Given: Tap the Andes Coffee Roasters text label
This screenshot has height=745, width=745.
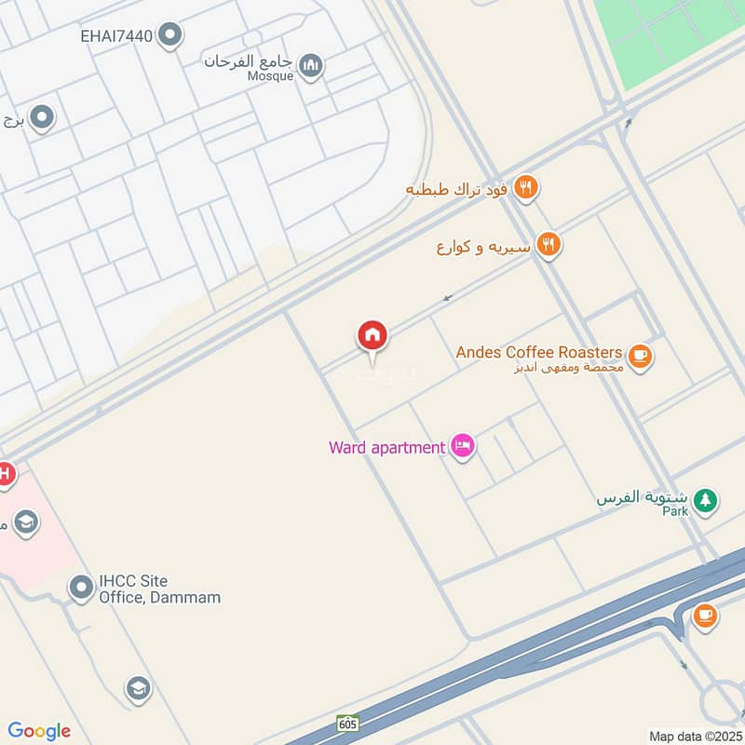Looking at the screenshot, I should (x=538, y=352).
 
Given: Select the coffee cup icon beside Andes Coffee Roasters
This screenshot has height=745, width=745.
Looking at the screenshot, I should (x=639, y=356).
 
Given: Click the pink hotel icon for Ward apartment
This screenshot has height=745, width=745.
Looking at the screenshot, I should (x=462, y=447).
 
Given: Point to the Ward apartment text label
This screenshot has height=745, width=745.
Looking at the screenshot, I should (x=386, y=447).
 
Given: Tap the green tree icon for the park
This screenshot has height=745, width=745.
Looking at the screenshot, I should (x=706, y=501).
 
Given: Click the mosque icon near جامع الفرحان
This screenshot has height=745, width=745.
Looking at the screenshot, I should (x=311, y=65).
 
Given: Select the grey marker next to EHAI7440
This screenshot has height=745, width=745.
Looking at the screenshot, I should (x=169, y=35).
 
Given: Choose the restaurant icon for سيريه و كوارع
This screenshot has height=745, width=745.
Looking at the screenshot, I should (x=549, y=245).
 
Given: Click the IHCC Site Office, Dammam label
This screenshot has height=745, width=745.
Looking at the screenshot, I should (x=159, y=589).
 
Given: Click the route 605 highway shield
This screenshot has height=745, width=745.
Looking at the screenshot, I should (x=347, y=724).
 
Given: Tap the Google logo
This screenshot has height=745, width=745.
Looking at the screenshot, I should (x=39, y=731).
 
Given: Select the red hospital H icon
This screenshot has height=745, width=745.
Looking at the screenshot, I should (x=5, y=474).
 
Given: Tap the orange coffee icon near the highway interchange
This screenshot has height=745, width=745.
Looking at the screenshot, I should (x=705, y=616).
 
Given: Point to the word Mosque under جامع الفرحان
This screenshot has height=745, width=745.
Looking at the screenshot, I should (x=270, y=76).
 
